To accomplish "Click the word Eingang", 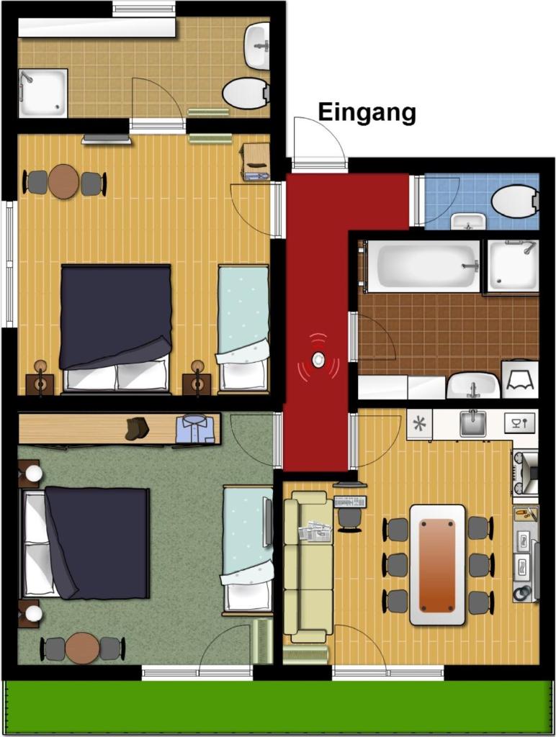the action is [367, 113].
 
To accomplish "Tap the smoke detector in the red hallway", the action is [318, 360].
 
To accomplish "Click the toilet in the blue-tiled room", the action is [514, 202].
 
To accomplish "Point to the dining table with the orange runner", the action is [437, 565].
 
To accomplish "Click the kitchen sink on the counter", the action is [472, 423].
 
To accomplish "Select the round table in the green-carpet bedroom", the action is [82, 648].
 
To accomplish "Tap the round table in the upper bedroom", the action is [63, 181].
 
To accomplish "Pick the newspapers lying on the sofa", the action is [315, 530].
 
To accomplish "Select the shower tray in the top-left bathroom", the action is [42, 94].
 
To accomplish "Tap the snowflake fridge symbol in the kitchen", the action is [419, 425].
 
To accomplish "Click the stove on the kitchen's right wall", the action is [526, 472].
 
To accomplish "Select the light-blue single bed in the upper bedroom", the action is [243, 328].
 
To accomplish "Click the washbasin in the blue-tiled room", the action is [467, 222].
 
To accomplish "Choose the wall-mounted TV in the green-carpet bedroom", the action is [269, 523].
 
